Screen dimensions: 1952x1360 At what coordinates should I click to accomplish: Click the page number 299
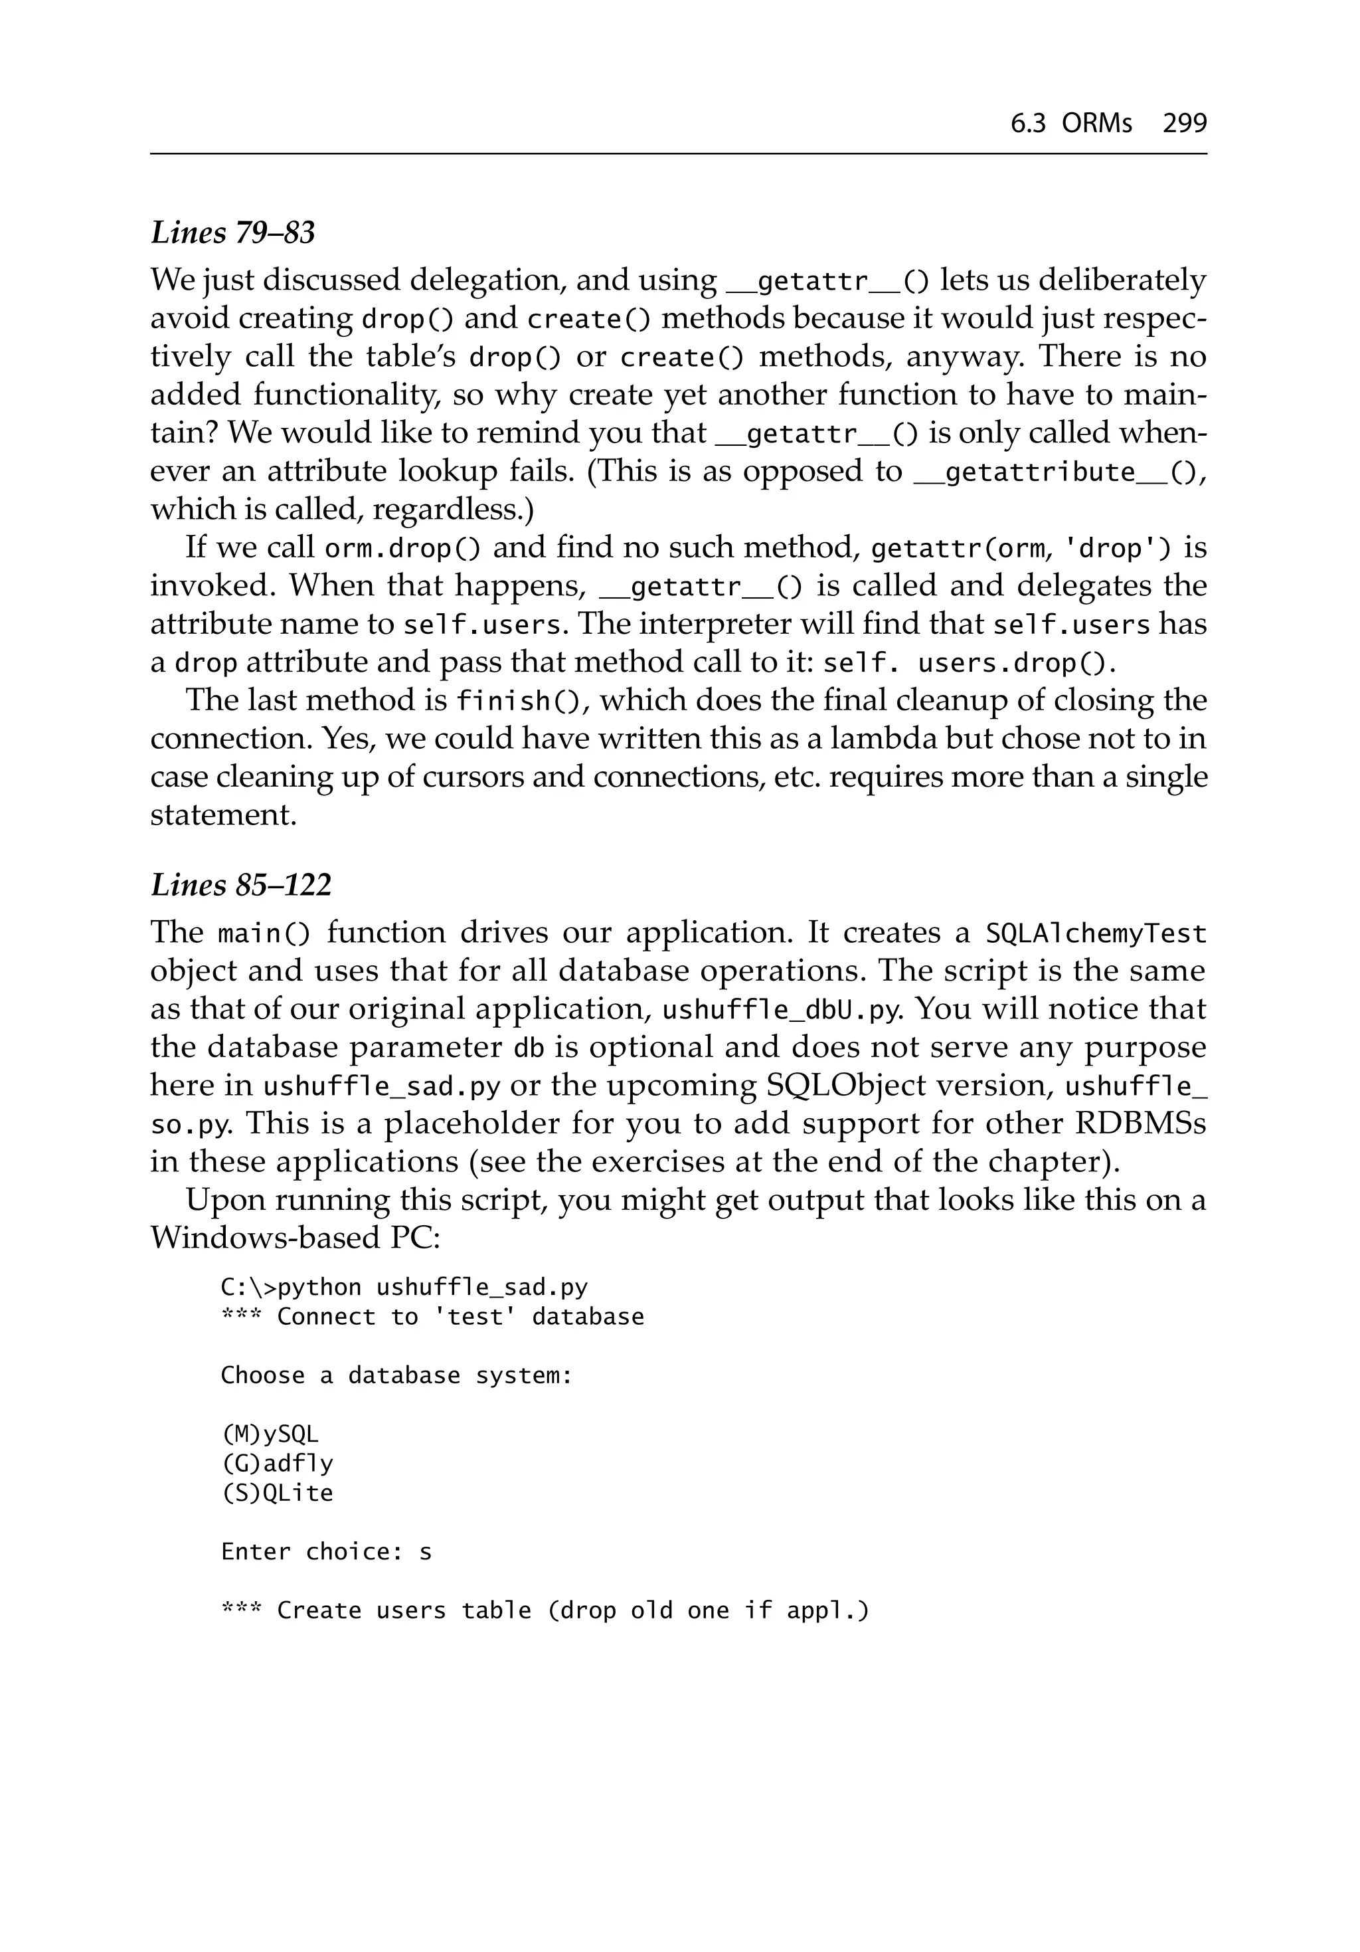(1184, 124)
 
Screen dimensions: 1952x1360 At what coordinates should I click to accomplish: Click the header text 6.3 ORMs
(1071, 124)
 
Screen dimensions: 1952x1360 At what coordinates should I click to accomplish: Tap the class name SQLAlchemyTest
(1096, 934)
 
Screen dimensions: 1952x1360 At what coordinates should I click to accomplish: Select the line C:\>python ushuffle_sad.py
(404, 1288)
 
